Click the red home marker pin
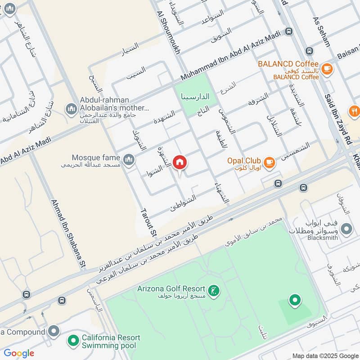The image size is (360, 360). point(180,162)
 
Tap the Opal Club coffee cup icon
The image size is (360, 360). point(269,162)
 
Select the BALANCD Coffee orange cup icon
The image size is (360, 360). point(327,68)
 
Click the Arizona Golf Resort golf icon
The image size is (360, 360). point(215,290)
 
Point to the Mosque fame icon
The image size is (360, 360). point(129,159)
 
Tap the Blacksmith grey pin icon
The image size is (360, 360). point(346,229)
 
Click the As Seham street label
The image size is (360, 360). point(321,31)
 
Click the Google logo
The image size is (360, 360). point(19,353)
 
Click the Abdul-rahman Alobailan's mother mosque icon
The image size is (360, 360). point(71,108)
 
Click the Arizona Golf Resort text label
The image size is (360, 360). point(171,288)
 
